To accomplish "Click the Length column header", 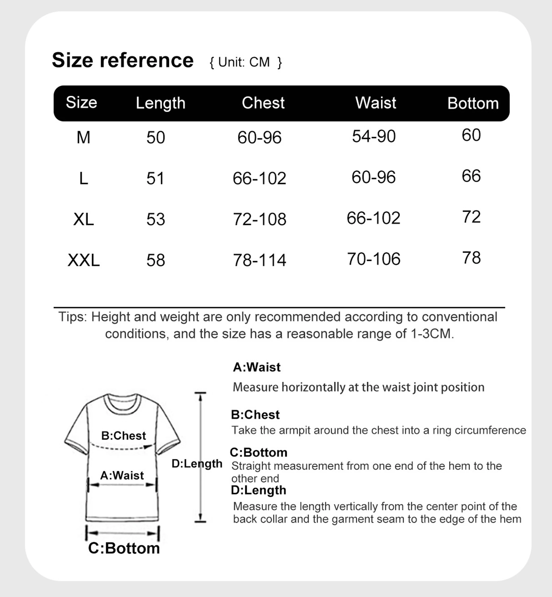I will point(160,103).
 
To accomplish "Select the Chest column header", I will point(263,103).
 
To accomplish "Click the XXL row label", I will point(83,260).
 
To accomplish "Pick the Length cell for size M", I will point(156,138).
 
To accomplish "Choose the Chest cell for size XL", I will point(259,219).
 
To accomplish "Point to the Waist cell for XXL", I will point(373,259).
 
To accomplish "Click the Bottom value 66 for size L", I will point(471,176).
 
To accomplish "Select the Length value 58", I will point(156,260).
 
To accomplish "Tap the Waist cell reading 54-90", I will point(374,136).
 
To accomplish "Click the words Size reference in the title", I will point(123,60).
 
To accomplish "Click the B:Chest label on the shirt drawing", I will point(123,436).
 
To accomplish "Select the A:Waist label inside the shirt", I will point(122,475).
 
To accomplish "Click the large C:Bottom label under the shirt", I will point(124,548).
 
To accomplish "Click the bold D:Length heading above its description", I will point(258,490).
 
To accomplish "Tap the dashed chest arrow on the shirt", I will point(123,448).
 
